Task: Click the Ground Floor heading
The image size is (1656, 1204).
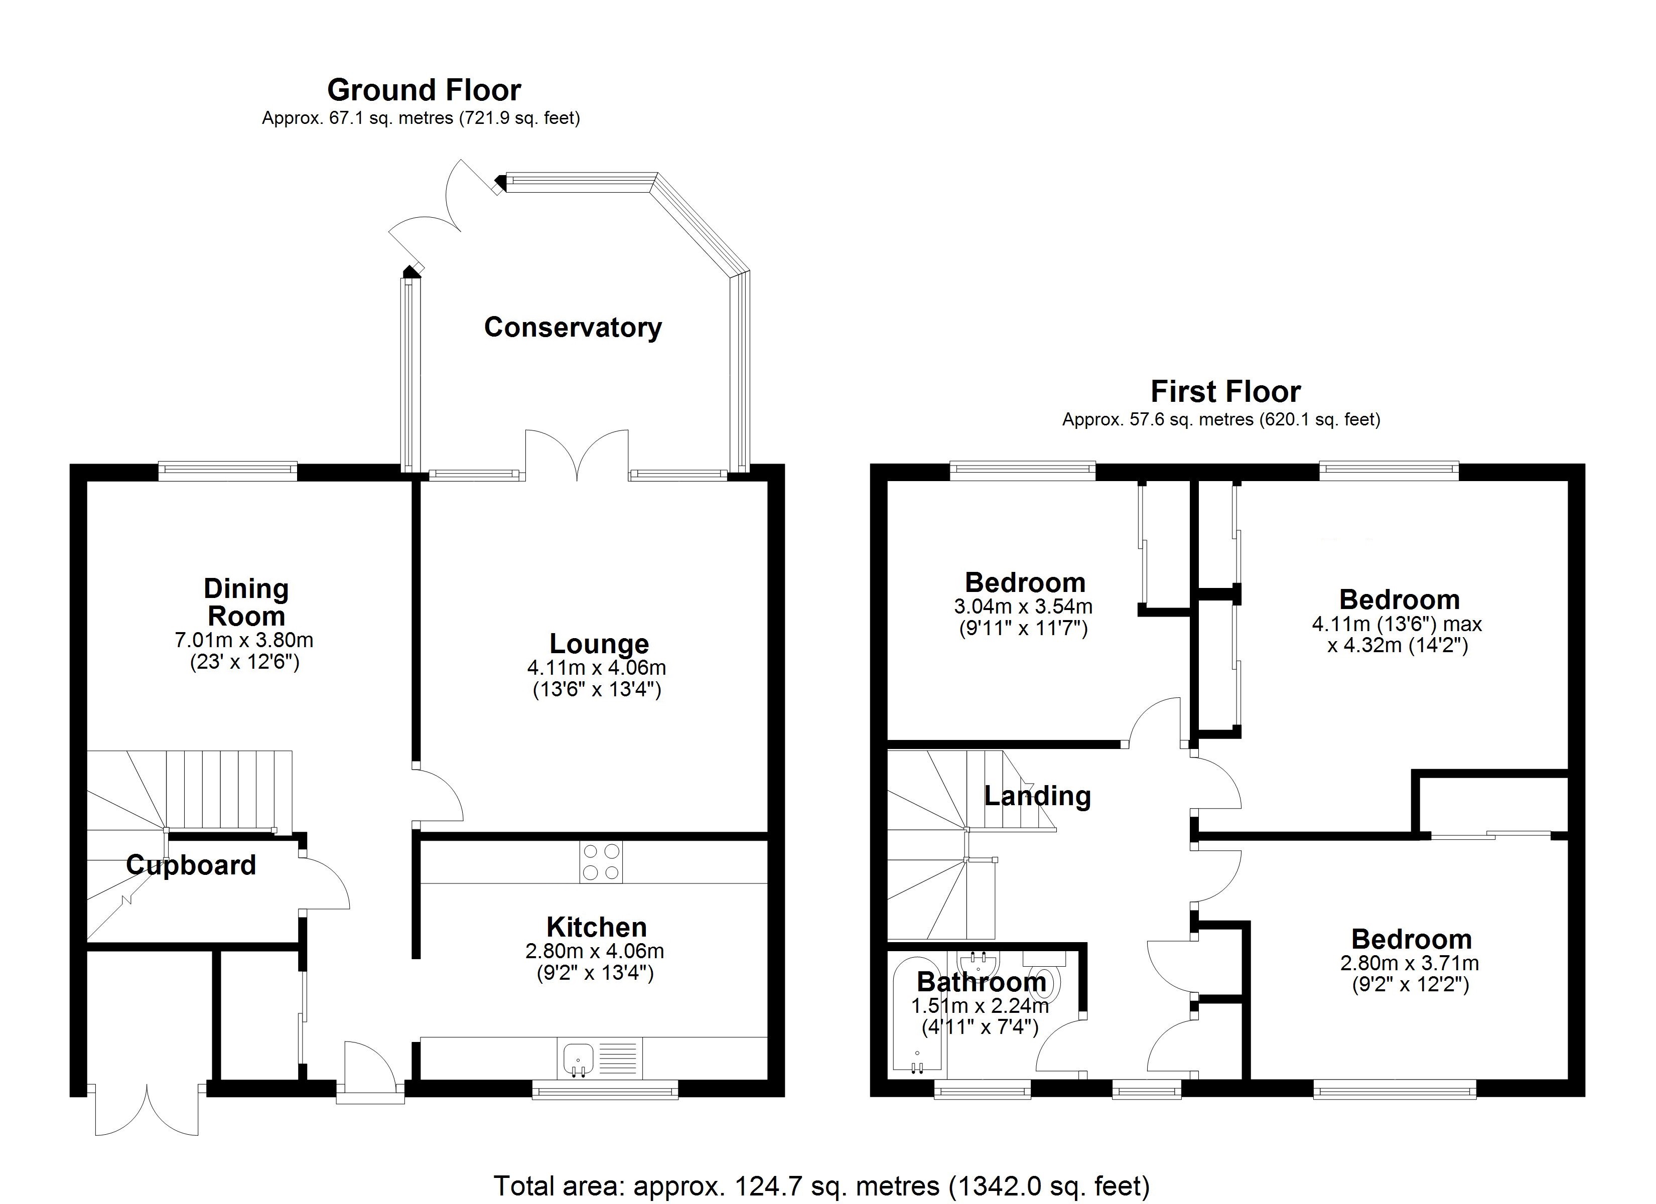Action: click(x=424, y=90)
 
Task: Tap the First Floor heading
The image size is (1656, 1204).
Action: click(x=1225, y=392)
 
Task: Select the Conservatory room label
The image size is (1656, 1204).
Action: click(x=573, y=327)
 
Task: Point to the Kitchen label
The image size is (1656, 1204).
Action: click(x=597, y=927)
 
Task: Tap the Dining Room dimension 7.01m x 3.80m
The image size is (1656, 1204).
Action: click(x=244, y=640)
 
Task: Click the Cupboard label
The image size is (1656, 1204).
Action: click(x=191, y=865)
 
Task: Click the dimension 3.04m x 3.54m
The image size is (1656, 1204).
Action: click(x=1023, y=606)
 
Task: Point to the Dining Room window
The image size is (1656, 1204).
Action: click(x=228, y=471)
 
